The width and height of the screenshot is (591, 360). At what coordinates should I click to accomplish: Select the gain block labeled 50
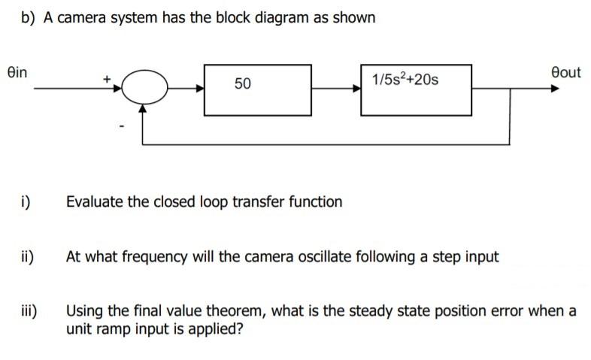[x=257, y=89]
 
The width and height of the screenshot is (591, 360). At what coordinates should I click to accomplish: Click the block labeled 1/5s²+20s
[x=416, y=89]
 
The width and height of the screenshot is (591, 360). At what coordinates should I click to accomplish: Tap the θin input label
[x=16, y=72]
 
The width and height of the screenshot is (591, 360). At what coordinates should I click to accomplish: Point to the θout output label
[x=565, y=72]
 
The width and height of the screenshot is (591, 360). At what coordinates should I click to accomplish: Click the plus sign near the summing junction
[x=108, y=77]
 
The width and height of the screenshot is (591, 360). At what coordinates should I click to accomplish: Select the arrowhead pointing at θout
[x=554, y=88]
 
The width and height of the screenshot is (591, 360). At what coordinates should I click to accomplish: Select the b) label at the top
[x=28, y=17]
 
